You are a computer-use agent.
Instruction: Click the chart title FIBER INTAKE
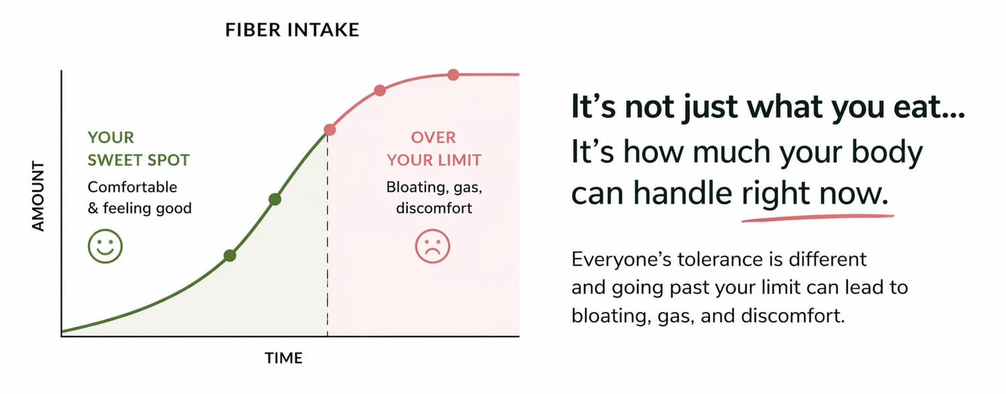click(x=292, y=30)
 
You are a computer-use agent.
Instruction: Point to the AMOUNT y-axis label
click(x=39, y=196)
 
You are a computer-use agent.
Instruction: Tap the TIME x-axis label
click(x=284, y=358)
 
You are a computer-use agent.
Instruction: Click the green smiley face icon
click(x=105, y=246)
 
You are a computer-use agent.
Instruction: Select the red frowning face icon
click(x=433, y=246)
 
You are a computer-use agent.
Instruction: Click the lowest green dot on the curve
click(x=230, y=255)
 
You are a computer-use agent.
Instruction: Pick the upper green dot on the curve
click(x=275, y=199)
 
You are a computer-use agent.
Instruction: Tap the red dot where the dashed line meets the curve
click(x=330, y=130)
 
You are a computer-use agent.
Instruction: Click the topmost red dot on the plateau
click(x=453, y=74)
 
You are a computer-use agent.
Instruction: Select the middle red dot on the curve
click(x=380, y=90)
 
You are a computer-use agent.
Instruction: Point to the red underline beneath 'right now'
click(x=818, y=218)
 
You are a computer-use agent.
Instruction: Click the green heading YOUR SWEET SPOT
click(x=138, y=149)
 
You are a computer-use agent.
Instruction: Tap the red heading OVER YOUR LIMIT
click(x=434, y=149)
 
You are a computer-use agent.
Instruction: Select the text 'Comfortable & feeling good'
click(x=139, y=198)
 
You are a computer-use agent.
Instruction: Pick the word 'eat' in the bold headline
click(x=914, y=107)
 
